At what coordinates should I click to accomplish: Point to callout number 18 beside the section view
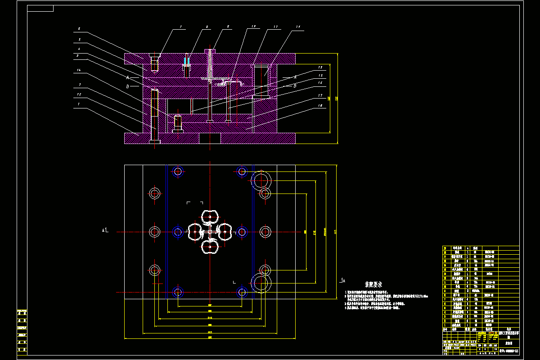click(x=320, y=105)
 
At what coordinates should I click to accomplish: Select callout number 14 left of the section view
click(x=79, y=70)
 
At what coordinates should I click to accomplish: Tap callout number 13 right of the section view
click(x=320, y=67)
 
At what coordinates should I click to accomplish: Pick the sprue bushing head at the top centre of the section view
click(x=210, y=50)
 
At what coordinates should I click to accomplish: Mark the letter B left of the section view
click(x=128, y=86)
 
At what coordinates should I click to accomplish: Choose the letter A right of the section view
click(x=295, y=77)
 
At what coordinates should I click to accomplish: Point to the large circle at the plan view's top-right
click(x=261, y=180)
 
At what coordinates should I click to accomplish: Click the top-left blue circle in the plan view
click(x=178, y=171)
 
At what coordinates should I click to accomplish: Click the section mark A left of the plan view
click(x=103, y=230)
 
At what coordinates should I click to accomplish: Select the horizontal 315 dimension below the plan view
click(x=210, y=333)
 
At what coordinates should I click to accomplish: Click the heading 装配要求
click(x=373, y=284)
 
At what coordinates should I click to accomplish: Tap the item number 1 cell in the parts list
click(x=445, y=324)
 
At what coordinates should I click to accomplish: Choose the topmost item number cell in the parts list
click(x=445, y=248)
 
